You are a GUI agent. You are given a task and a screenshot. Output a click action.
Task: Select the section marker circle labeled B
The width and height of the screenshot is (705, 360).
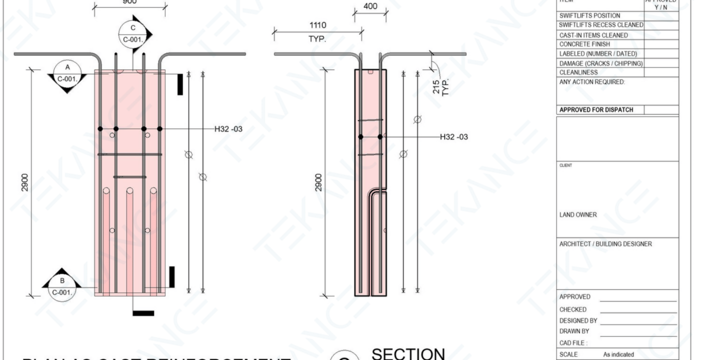pos(61,286)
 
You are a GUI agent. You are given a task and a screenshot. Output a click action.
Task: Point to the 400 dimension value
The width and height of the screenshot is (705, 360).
pos(370,7)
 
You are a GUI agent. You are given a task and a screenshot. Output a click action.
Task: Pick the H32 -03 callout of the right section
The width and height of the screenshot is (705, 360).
pos(453,136)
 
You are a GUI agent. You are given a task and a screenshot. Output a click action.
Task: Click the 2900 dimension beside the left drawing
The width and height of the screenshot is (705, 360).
pos(25,182)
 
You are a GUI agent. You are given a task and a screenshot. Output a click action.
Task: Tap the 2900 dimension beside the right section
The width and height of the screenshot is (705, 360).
pos(318,182)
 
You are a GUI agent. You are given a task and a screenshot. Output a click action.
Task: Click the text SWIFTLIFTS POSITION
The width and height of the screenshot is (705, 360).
pos(589,16)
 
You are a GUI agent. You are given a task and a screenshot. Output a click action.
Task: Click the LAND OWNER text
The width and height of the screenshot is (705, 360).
pos(577,215)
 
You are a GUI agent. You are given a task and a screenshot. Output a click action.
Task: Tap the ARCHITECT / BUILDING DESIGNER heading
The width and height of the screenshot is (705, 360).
pos(605,244)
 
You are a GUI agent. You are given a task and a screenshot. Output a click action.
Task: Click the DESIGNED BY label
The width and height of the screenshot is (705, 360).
pos(578,320)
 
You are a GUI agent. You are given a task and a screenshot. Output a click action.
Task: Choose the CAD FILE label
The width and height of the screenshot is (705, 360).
pos(573,343)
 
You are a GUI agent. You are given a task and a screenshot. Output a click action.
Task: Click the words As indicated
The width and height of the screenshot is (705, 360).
pos(619,354)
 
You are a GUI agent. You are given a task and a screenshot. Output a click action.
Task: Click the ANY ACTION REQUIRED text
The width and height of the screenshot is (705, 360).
pos(592,82)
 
